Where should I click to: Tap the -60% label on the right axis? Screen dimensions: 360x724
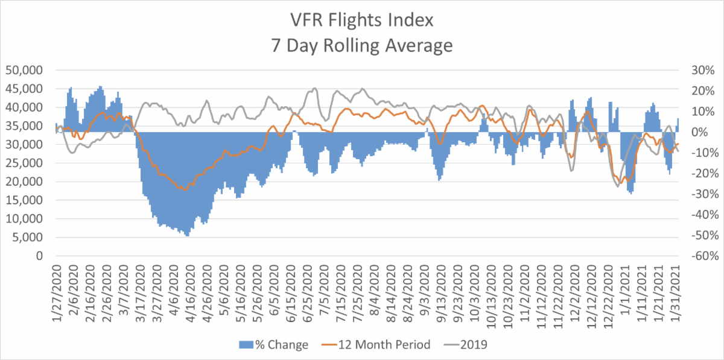[700, 256]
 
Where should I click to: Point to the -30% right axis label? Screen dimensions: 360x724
[700, 194]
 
